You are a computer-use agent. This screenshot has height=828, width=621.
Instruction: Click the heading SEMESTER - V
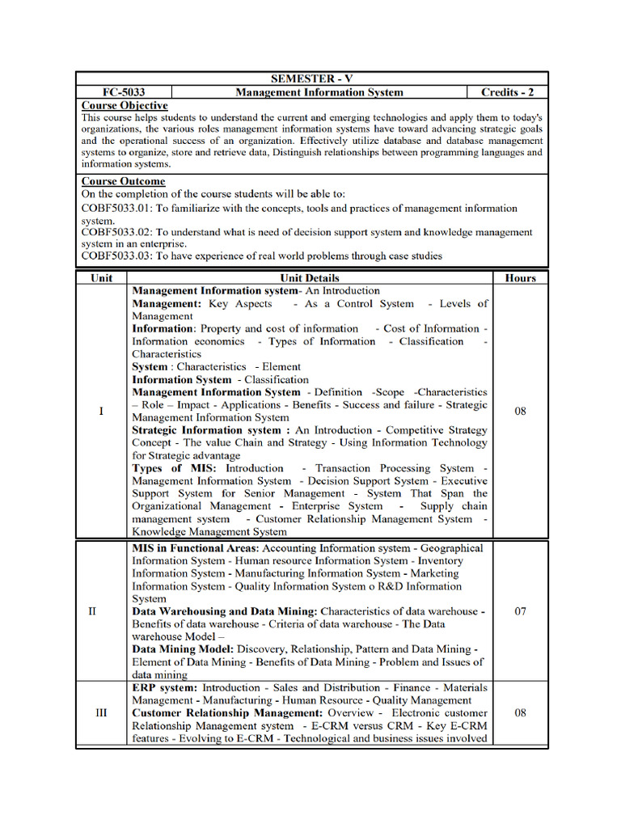[312, 78]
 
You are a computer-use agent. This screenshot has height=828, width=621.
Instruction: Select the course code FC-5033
[124, 92]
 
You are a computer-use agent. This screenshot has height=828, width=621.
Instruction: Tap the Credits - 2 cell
[507, 92]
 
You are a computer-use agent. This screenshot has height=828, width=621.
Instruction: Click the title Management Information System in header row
[319, 92]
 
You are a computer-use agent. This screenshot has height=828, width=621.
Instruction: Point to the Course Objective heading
[125, 106]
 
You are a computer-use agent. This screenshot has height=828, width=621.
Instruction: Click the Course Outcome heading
[123, 181]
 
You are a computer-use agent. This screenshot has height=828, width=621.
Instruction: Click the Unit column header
[101, 277]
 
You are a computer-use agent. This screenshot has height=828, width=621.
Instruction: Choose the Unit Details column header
[310, 277]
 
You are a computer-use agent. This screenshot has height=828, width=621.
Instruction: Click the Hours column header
[520, 277]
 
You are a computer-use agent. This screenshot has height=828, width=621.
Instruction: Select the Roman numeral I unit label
[101, 412]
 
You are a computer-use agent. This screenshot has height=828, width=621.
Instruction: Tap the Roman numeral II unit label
[92, 611]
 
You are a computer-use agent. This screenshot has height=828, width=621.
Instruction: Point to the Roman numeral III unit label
[101, 713]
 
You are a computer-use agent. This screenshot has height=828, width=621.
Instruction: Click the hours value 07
[520, 611]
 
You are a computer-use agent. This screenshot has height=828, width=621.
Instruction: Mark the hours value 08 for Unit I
[520, 412]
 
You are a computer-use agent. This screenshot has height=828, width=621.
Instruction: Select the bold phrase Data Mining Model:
[183, 649]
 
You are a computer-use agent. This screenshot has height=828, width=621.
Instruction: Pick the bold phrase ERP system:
[164, 687]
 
